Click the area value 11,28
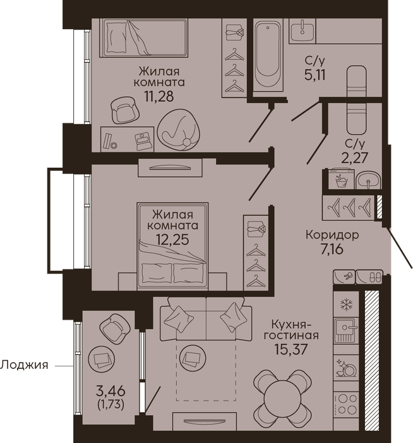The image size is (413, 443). pos(159,96)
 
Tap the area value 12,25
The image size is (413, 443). pos(172,240)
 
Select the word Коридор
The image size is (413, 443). pos(332,235)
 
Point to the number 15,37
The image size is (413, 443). pos(291,349)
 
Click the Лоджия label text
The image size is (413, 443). pos(24,365)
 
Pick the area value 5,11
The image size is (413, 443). pos(315,75)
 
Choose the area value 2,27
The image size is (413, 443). pos(355,158)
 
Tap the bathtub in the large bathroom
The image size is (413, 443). pos(268,55)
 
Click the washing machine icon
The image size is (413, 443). pos(342,178)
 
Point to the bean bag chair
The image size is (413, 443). pos(179,128)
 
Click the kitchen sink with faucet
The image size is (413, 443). pos(346,330)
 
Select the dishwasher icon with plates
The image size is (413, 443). pos(346,368)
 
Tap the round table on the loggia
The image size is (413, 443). pos(102,359)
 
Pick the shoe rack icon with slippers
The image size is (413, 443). pos(369,277)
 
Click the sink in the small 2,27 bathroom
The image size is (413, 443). pos(368,180)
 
